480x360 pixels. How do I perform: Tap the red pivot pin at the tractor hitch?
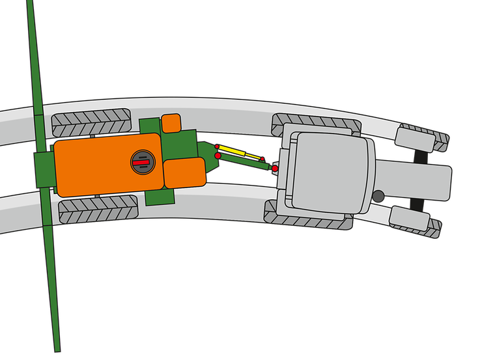coord(275,169)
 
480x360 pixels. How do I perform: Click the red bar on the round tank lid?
coord(142,161)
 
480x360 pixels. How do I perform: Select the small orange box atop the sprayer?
coord(171,122)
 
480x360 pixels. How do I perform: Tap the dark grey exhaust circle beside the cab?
coord(378,195)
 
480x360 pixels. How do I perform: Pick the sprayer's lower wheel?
coord(98,210)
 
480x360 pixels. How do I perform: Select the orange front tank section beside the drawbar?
coord(184,172)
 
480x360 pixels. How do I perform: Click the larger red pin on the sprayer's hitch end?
coord(218,156)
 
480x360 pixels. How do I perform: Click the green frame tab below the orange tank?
coord(159,197)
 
